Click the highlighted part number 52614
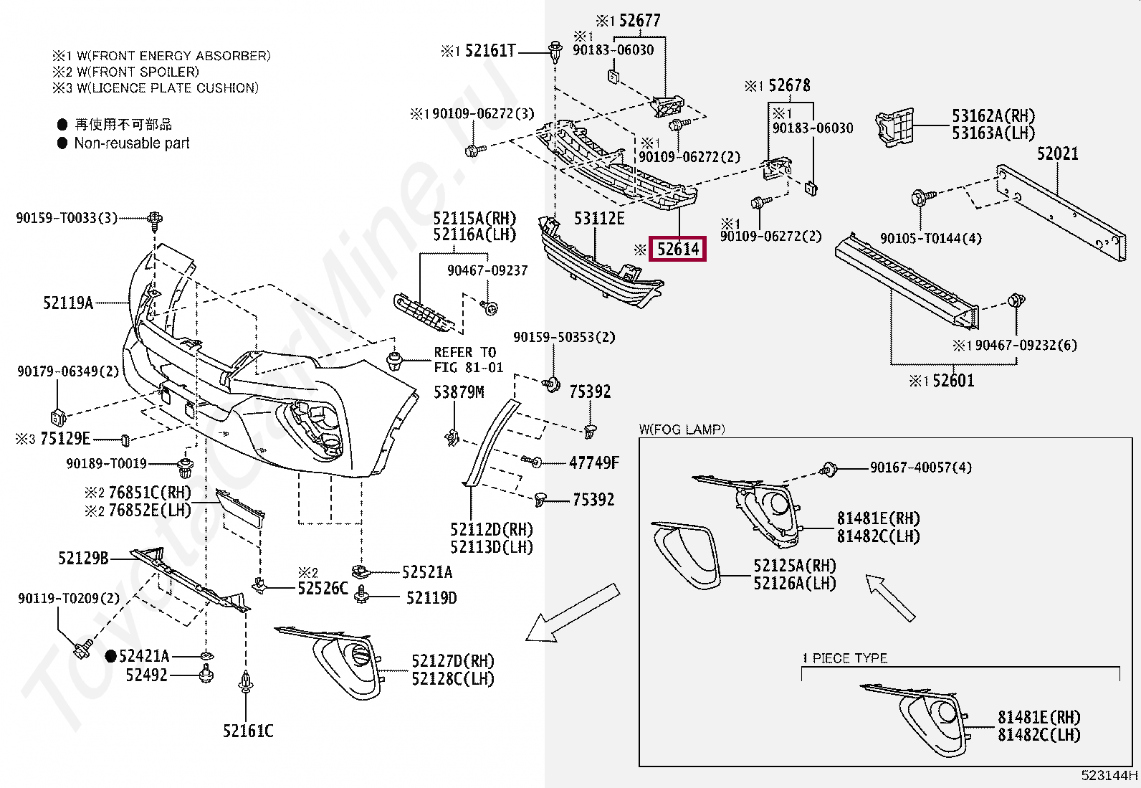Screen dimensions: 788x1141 [x=677, y=249]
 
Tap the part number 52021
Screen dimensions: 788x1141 [x=1057, y=153]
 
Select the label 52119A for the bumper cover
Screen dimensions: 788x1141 [x=68, y=303]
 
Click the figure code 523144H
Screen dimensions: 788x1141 [x=1109, y=775]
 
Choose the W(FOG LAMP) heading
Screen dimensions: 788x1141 [x=682, y=429]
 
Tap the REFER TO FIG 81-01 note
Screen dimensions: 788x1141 [x=468, y=360]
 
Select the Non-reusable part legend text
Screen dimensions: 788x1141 [x=132, y=143]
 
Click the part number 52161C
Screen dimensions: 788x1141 [x=247, y=731]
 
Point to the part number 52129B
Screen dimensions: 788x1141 [x=83, y=558]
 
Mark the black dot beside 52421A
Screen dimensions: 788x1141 [x=111, y=655]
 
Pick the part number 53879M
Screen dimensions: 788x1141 [x=459, y=392]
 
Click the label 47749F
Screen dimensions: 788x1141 [x=593, y=463]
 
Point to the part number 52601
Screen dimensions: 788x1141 [x=953, y=381]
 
